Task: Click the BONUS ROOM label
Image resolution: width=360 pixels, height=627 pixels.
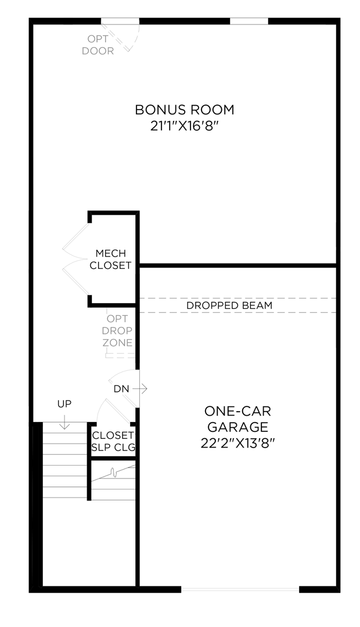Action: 184,109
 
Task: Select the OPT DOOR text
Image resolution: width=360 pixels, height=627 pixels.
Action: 98,45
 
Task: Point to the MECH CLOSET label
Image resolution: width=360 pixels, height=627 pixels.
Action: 110,260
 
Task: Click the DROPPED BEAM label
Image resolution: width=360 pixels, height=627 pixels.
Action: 229,305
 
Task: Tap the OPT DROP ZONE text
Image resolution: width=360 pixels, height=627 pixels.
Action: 117,330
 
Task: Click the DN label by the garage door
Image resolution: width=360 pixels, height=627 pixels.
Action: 121,388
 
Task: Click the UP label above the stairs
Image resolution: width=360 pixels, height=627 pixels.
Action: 64,403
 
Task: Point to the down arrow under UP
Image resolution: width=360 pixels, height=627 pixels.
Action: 64,423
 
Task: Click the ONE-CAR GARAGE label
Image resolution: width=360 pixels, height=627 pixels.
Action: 238,419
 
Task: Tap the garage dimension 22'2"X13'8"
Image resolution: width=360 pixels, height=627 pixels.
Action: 238,442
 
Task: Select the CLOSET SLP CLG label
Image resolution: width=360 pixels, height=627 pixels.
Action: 113,441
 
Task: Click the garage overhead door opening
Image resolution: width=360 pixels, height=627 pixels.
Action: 240,589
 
